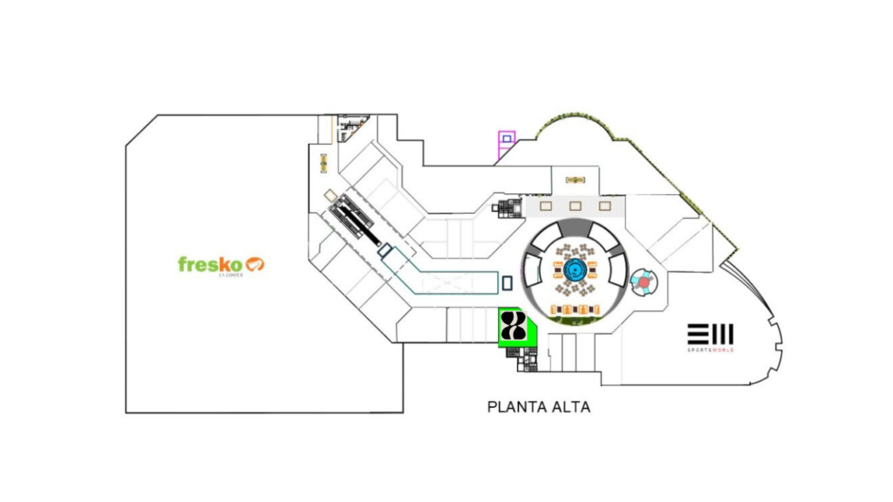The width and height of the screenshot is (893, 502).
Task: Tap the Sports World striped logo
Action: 710,334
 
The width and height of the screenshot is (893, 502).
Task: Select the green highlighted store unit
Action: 515,329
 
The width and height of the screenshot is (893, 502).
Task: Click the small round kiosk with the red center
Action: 644,282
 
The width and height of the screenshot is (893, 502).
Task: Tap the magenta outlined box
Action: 507,140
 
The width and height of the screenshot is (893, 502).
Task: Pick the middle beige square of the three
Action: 576,207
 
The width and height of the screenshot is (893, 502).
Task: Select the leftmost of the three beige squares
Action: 547,207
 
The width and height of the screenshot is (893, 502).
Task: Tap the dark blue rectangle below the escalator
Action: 385,251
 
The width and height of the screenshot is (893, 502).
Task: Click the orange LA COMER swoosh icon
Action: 256,263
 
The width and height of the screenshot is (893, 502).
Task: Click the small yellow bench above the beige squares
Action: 576,180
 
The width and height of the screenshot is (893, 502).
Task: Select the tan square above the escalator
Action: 331,194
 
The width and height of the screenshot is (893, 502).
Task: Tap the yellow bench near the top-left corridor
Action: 324,162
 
